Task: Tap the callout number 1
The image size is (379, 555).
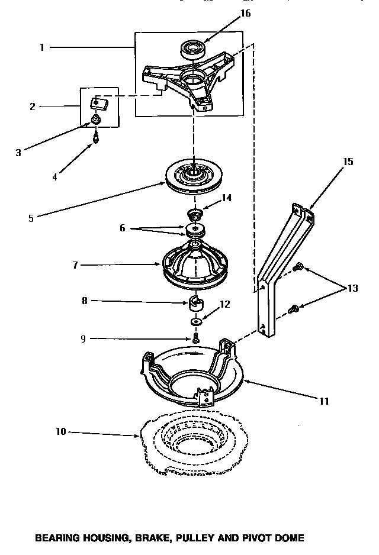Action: coord(42,48)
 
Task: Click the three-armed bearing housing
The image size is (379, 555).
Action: coord(189,80)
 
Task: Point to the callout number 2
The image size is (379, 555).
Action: coord(33,107)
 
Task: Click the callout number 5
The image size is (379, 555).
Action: coord(31,217)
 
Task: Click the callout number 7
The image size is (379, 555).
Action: coord(75,265)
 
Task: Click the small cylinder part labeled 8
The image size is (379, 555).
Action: coord(195,305)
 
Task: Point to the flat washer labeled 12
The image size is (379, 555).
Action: coord(195,322)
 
